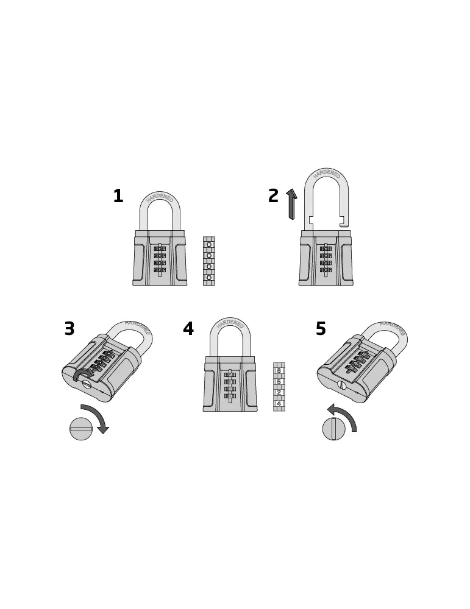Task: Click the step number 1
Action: (118, 195)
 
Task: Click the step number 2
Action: (273, 195)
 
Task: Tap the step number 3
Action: (69, 329)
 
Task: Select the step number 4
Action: (188, 329)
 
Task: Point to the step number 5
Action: (321, 329)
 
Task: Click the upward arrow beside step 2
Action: (291, 204)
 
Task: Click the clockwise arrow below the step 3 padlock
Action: (96, 417)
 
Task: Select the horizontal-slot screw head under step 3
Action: (81, 429)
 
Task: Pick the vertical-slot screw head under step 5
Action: (334, 429)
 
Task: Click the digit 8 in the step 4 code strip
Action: (279, 370)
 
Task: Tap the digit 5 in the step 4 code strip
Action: (279, 382)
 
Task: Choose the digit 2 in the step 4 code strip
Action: (279, 393)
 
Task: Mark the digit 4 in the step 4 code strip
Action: (279, 404)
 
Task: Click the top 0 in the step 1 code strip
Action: (208, 245)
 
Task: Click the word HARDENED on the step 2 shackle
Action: (327, 173)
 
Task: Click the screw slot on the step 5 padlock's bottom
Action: (342, 385)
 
